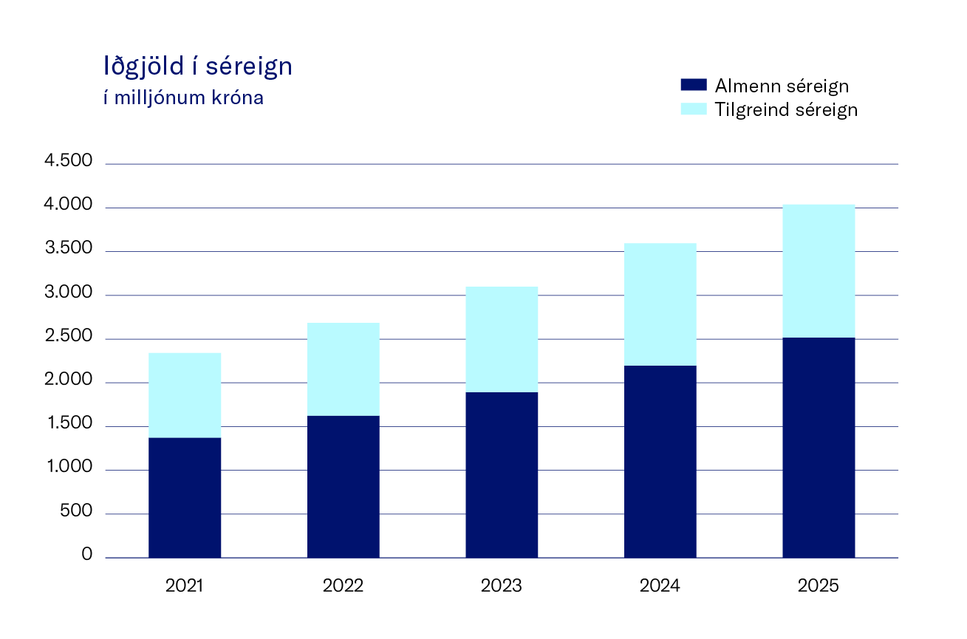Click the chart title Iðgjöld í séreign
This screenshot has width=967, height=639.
tap(198, 67)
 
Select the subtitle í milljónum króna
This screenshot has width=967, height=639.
tap(183, 98)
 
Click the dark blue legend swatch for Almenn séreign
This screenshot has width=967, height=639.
tap(693, 85)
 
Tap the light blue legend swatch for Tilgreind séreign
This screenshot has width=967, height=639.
tap(693, 109)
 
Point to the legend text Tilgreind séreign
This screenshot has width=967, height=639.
tap(786, 109)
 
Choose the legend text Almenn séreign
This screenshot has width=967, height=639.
tap(782, 86)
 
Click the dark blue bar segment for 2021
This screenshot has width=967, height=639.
tap(185, 497)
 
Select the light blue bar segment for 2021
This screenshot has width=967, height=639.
tap(185, 394)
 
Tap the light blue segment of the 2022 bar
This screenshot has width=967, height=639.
tap(344, 369)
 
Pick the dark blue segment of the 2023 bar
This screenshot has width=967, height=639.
tap(502, 474)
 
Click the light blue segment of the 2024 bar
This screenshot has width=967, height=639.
tap(660, 304)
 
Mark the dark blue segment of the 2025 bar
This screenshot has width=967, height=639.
tap(819, 447)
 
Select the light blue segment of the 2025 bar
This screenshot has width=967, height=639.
tap(819, 270)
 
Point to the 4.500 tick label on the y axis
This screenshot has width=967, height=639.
tap(69, 161)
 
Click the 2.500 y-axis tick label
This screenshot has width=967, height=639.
tap(69, 337)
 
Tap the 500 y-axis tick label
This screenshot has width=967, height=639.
tap(78, 511)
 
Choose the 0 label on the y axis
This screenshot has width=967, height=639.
tap(87, 555)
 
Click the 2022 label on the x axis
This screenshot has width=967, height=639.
tap(344, 587)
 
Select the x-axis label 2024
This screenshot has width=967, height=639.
tap(660, 587)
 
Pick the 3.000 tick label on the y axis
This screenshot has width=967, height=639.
tap(69, 293)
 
